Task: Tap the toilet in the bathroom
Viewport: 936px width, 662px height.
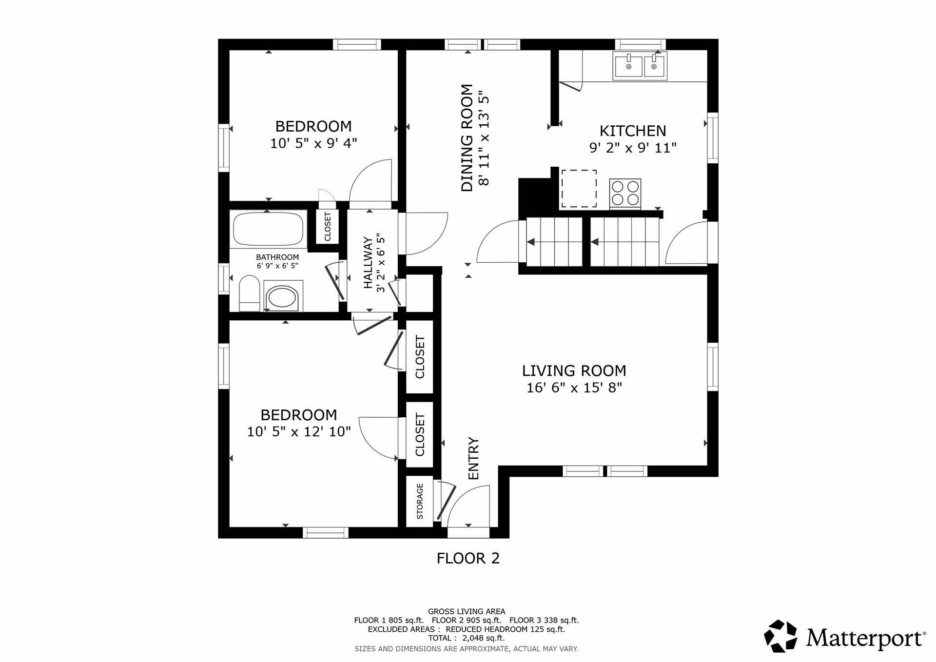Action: tap(250, 293)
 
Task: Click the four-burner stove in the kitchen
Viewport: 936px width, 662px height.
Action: tap(625, 193)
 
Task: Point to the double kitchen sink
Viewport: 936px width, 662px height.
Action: tap(640, 66)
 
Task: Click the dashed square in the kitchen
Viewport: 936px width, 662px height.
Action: tap(579, 188)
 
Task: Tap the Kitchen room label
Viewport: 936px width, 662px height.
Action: tap(632, 131)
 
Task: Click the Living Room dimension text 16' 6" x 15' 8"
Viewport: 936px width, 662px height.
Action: tap(574, 388)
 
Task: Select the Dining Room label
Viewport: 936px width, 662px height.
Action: tap(467, 138)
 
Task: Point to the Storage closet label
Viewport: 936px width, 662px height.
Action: tap(420, 501)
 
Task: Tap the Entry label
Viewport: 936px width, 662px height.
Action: tap(473, 458)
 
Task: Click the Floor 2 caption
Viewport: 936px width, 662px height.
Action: tap(468, 558)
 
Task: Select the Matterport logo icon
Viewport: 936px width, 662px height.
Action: tap(780, 636)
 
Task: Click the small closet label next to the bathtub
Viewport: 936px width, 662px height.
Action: tap(328, 226)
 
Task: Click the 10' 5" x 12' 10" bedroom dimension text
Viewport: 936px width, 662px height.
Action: tap(299, 432)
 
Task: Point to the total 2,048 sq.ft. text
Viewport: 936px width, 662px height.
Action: tap(467, 638)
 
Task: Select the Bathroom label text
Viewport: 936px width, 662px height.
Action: tap(277, 257)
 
